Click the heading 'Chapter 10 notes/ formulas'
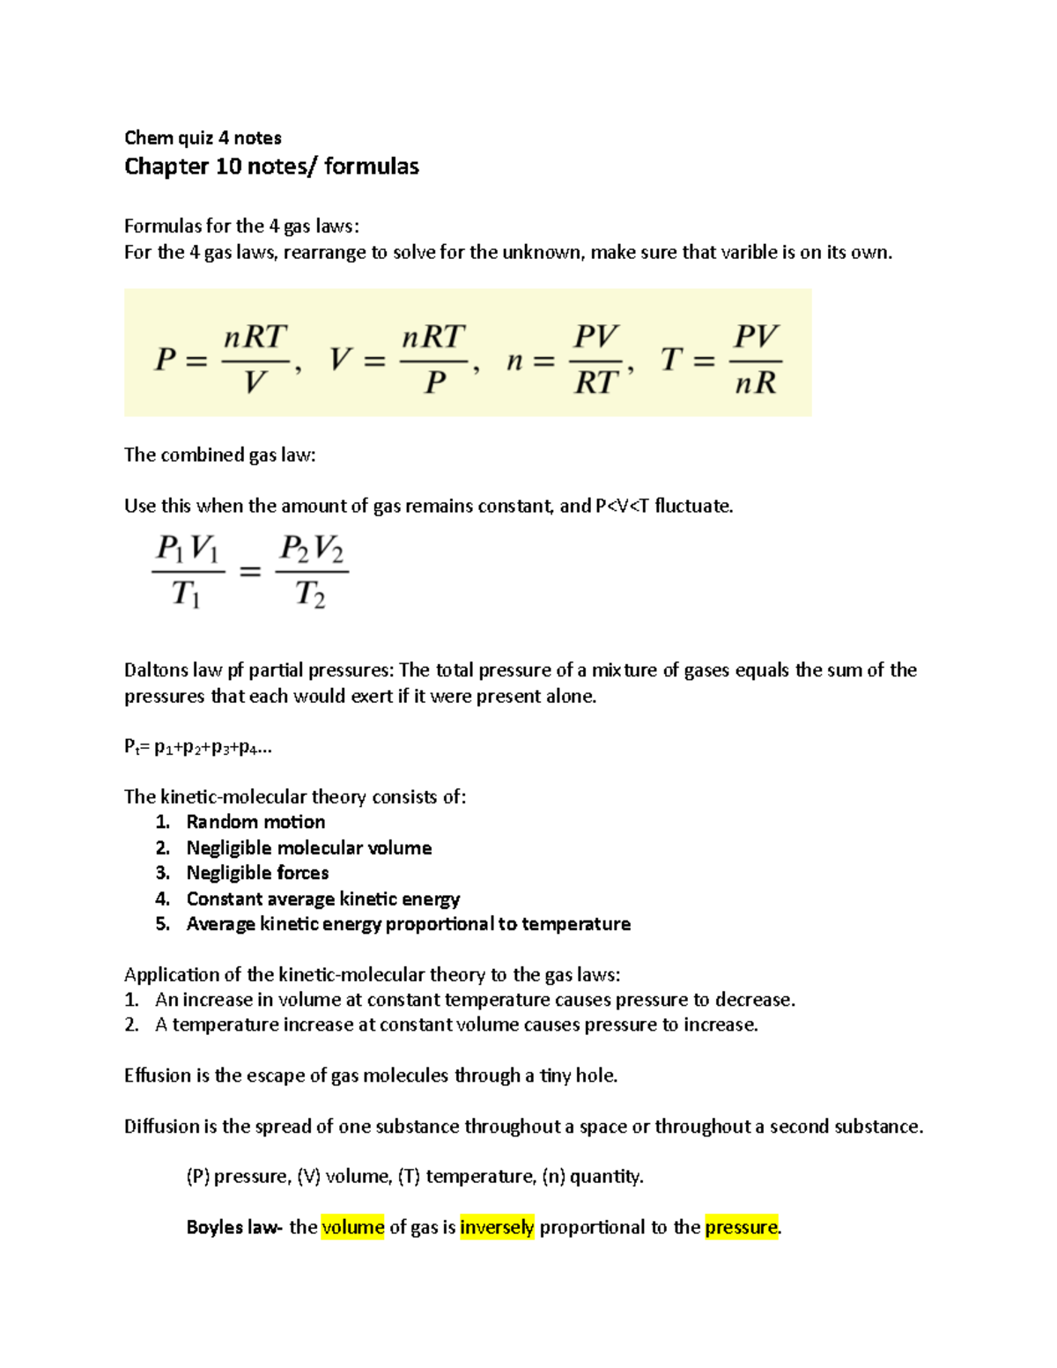(271, 166)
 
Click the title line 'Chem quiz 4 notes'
(203, 137)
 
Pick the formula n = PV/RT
(569, 359)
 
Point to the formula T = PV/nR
(721, 359)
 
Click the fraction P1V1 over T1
(187, 571)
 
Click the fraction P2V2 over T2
(311, 571)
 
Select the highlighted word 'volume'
(352, 1227)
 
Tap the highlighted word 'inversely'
(497, 1227)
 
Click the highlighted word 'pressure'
(742, 1227)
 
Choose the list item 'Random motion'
(255, 822)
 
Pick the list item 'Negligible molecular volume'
(308, 847)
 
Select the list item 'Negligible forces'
(257, 873)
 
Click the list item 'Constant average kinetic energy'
(322, 898)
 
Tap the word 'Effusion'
(157, 1076)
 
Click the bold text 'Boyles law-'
(234, 1227)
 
